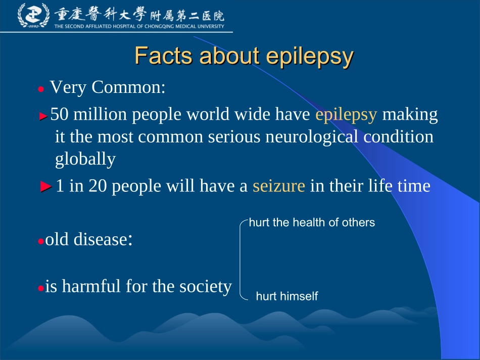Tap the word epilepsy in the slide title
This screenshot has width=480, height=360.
coord(309,57)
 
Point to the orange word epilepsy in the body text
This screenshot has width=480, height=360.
coord(346,115)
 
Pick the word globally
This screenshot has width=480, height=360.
coord(85,159)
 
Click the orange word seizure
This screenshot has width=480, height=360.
coord(279,186)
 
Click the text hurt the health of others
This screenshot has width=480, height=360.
coord(312,222)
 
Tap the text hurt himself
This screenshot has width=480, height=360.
coord(287,296)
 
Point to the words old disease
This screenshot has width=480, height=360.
coord(85,239)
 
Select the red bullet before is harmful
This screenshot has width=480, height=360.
coord(40,288)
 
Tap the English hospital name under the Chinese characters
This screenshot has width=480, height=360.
coord(139,27)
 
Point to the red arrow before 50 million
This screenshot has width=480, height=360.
coord(43,116)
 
